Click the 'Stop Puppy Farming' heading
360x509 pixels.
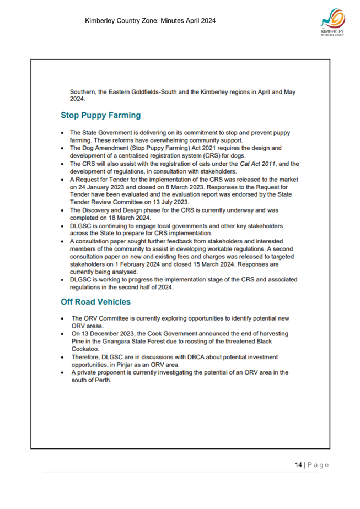[x=101, y=116]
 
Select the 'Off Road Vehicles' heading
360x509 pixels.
[x=95, y=301]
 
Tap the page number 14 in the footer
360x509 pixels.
[x=298, y=465]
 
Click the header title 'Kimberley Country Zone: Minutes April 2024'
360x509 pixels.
[x=150, y=21]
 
